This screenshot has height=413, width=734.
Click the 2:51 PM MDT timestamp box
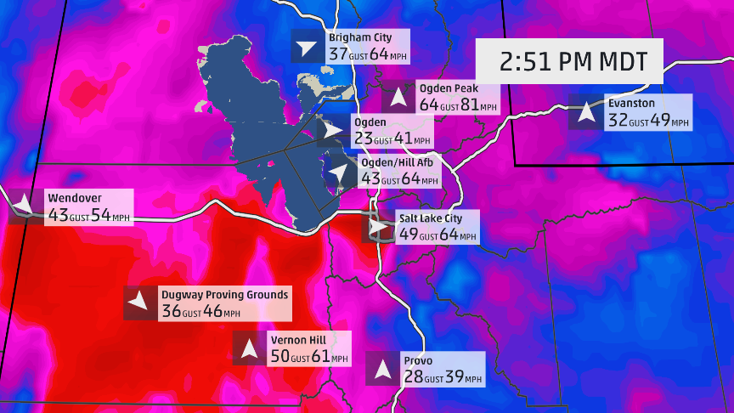click(573, 62)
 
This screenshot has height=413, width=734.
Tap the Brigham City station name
click(359, 37)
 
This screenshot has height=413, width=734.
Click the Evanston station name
click(631, 103)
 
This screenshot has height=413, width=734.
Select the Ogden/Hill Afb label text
click(397, 162)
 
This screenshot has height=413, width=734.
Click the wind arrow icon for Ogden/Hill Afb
click(339, 173)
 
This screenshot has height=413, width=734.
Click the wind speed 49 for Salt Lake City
click(409, 234)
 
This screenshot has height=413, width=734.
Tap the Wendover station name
click(69, 198)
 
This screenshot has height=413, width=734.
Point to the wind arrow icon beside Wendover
click(23, 206)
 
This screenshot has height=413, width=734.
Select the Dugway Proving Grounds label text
click(224, 295)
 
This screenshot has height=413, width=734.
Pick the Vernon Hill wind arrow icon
click(249, 348)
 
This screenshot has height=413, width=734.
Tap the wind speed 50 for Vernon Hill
click(279, 357)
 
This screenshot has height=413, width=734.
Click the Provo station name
click(418, 361)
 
